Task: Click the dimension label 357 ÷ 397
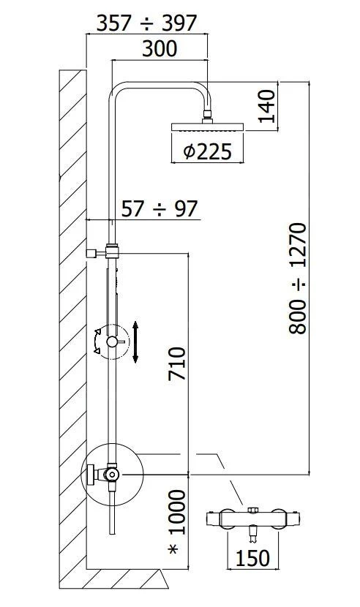147,23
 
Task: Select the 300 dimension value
160,49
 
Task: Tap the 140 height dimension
266,107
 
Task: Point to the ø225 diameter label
207,151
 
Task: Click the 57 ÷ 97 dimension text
159,209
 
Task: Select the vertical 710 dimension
178,363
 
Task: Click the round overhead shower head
207,127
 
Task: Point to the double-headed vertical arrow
135,341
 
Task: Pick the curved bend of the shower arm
121,94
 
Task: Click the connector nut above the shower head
208,115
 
